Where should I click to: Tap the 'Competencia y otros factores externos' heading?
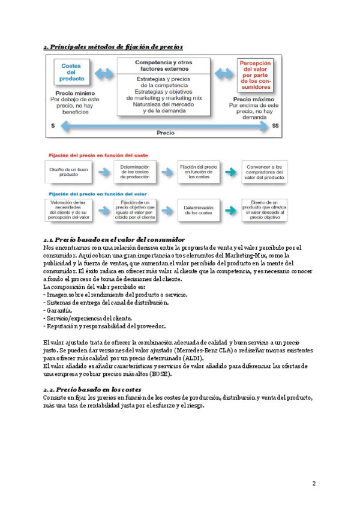click(164, 65)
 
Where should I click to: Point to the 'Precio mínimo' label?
click(73, 94)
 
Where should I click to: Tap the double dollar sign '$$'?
click(275, 126)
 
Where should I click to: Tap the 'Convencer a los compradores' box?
click(262, 172)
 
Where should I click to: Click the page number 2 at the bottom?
click(314, 484)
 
